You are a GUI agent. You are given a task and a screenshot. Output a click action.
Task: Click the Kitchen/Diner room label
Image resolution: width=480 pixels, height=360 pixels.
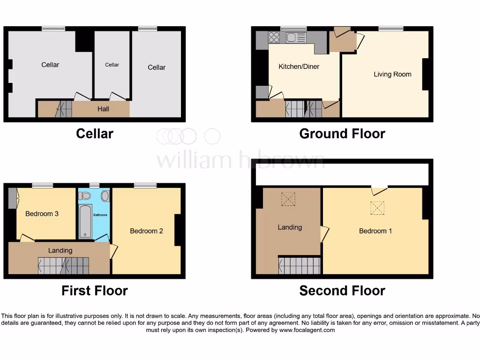[299, 67]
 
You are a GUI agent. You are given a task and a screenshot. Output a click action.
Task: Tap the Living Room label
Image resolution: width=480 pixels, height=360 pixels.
[392, 74]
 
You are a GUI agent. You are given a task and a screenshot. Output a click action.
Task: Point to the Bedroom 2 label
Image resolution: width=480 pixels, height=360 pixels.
[146, 231]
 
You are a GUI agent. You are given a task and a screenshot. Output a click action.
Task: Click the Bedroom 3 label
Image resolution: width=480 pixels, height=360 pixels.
[42, 214]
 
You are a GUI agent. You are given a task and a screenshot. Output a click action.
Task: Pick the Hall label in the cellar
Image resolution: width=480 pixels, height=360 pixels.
[103, 109]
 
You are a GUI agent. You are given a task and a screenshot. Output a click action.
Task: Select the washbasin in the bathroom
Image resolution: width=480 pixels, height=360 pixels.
[105, 195]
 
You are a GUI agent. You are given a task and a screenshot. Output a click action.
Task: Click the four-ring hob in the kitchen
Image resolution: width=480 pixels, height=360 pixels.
[274, 37]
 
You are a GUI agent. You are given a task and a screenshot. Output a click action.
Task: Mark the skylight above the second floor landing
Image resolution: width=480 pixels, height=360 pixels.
[288, 199]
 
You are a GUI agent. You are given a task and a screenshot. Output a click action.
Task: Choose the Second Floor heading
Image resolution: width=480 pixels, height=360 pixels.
[342, 291]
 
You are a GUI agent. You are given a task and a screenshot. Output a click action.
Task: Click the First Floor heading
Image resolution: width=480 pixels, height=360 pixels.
[94, 291]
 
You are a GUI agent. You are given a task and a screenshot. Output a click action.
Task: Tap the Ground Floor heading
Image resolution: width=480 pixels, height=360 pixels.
[342, 134]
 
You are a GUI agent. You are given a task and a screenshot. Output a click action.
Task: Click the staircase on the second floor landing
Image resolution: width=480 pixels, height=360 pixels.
[300, 265]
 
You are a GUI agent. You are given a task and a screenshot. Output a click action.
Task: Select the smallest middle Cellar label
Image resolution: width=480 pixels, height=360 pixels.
[112, 65]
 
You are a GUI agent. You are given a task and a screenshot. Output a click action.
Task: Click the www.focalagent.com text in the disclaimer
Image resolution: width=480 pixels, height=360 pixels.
[307, 330]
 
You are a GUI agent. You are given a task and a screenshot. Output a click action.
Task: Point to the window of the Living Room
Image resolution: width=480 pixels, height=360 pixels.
[391, 29]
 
